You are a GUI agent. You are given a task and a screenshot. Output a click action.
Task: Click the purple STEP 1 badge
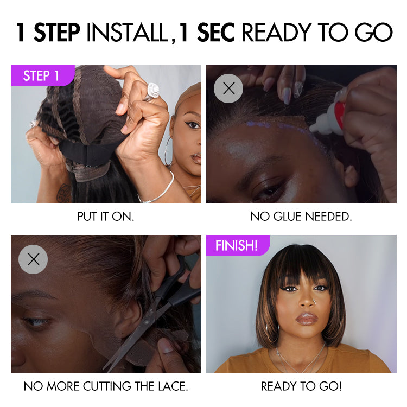41,76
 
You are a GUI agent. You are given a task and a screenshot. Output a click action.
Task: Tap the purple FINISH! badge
236,245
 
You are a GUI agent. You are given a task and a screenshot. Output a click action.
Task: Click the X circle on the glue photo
228,88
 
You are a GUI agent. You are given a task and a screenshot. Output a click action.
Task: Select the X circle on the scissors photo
33,259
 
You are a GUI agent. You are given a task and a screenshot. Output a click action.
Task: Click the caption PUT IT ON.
106,217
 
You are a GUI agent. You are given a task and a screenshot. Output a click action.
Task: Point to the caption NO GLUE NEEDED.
301,217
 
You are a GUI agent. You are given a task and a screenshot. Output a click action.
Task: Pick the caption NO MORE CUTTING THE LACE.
106,386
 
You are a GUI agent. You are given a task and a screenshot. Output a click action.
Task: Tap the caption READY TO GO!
301,386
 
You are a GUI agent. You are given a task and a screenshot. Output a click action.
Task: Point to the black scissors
163,304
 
